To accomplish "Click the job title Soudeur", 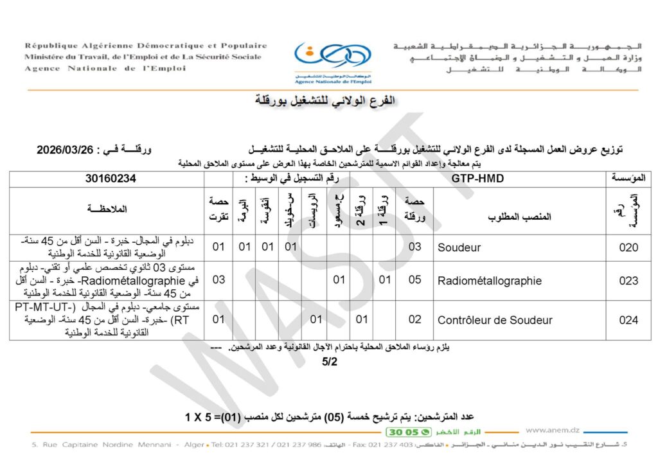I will tap(459, 247).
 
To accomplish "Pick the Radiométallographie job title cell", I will tap(489, 281).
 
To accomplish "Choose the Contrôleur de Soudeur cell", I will tap(495, 320).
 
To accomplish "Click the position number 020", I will tap(628, 247).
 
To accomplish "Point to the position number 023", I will tap(628, 281).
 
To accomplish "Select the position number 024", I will tap(628, 320).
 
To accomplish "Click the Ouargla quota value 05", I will tap(414, 281).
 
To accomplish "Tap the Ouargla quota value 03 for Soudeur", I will tap(414, 247).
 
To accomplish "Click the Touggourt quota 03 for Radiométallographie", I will tap(218, 281).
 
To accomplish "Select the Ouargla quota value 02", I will tap(414, 320).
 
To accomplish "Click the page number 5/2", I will tap(330, 362).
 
